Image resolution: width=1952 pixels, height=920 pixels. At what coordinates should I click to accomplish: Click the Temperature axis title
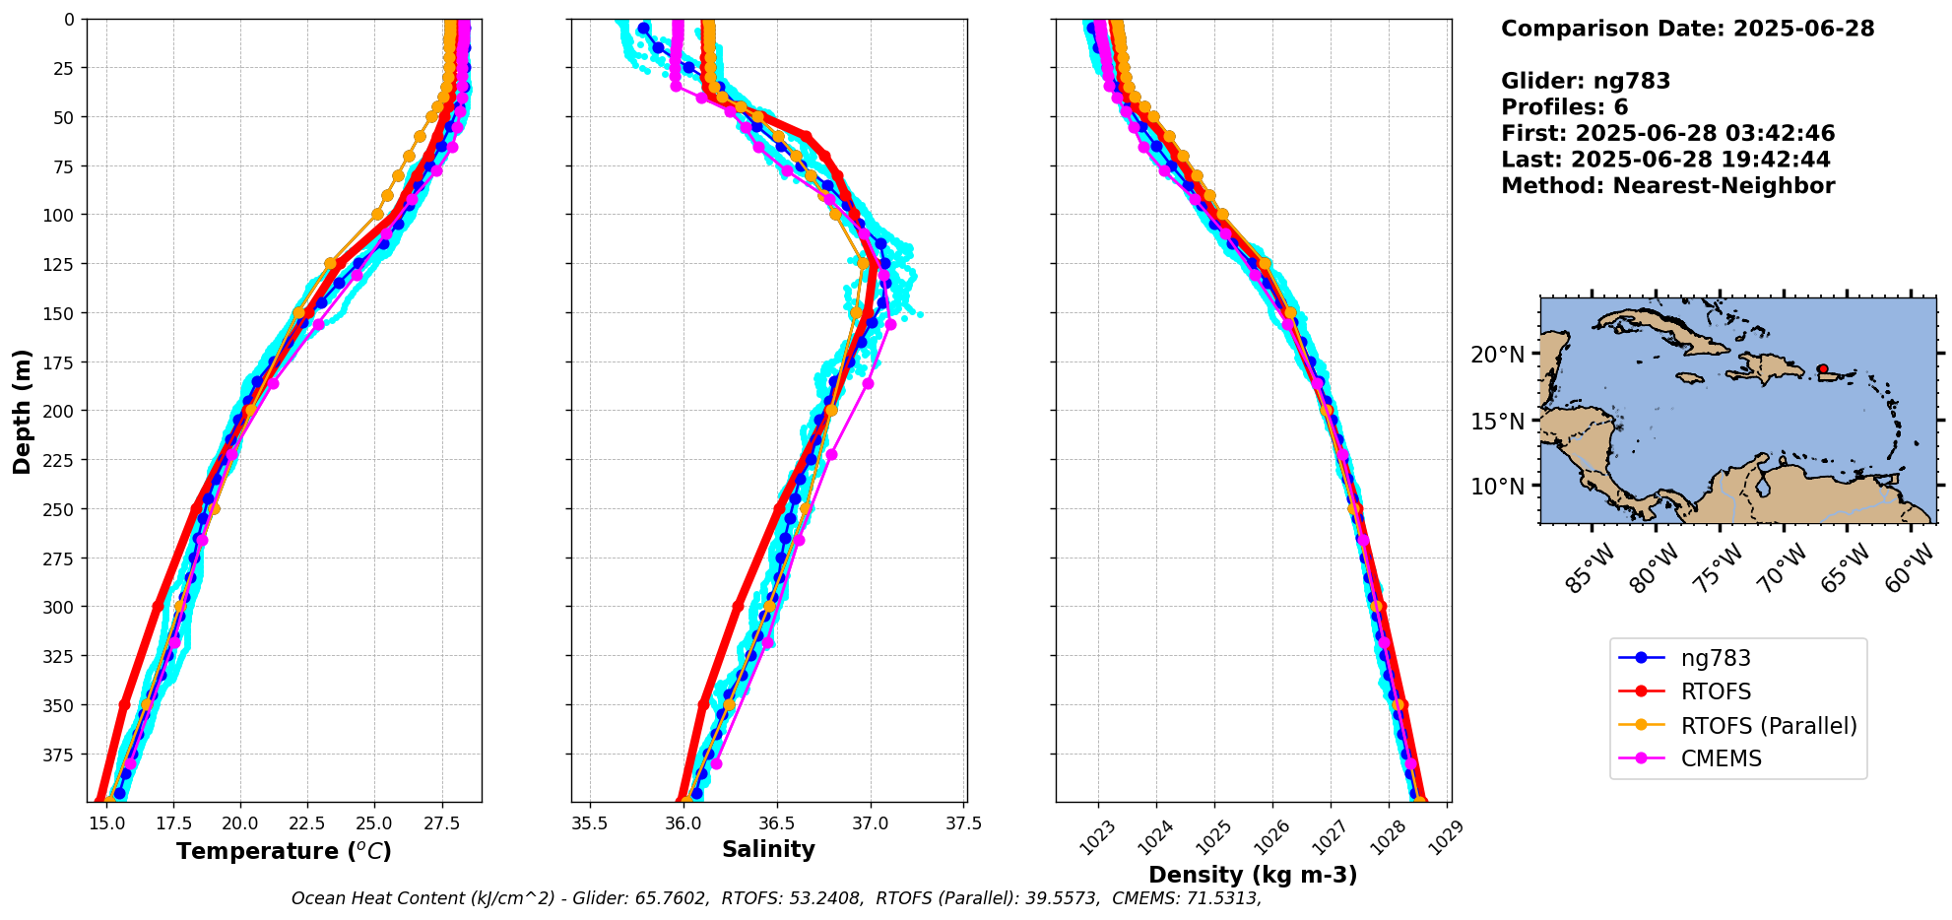[x=284, y=851]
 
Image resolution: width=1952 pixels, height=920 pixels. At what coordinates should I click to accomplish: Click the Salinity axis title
[x=768, y=849]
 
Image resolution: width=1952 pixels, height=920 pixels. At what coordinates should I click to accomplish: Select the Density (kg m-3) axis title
[x=1253, y=875]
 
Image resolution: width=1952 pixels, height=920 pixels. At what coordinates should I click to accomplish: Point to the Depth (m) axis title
[x=23, y=411]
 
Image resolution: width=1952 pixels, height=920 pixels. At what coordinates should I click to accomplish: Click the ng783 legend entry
[x=1715, y=658]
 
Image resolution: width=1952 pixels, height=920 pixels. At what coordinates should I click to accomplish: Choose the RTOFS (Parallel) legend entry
[x=1768, y=726]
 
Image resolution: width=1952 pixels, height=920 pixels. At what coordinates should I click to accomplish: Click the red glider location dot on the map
[x=1823, y=369]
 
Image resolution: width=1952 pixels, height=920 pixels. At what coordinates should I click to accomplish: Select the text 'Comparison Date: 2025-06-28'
[x=1687, y=29]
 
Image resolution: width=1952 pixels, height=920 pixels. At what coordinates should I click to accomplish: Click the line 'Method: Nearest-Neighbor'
[x=1667, y=186]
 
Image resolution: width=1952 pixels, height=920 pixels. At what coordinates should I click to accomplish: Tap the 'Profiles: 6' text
[x=1564, y=107]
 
